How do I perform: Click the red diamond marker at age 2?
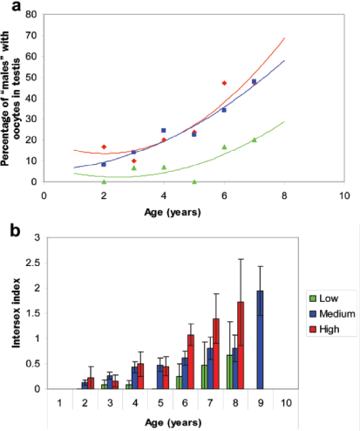pos(104,147)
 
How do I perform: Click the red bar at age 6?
pos(190,361)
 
